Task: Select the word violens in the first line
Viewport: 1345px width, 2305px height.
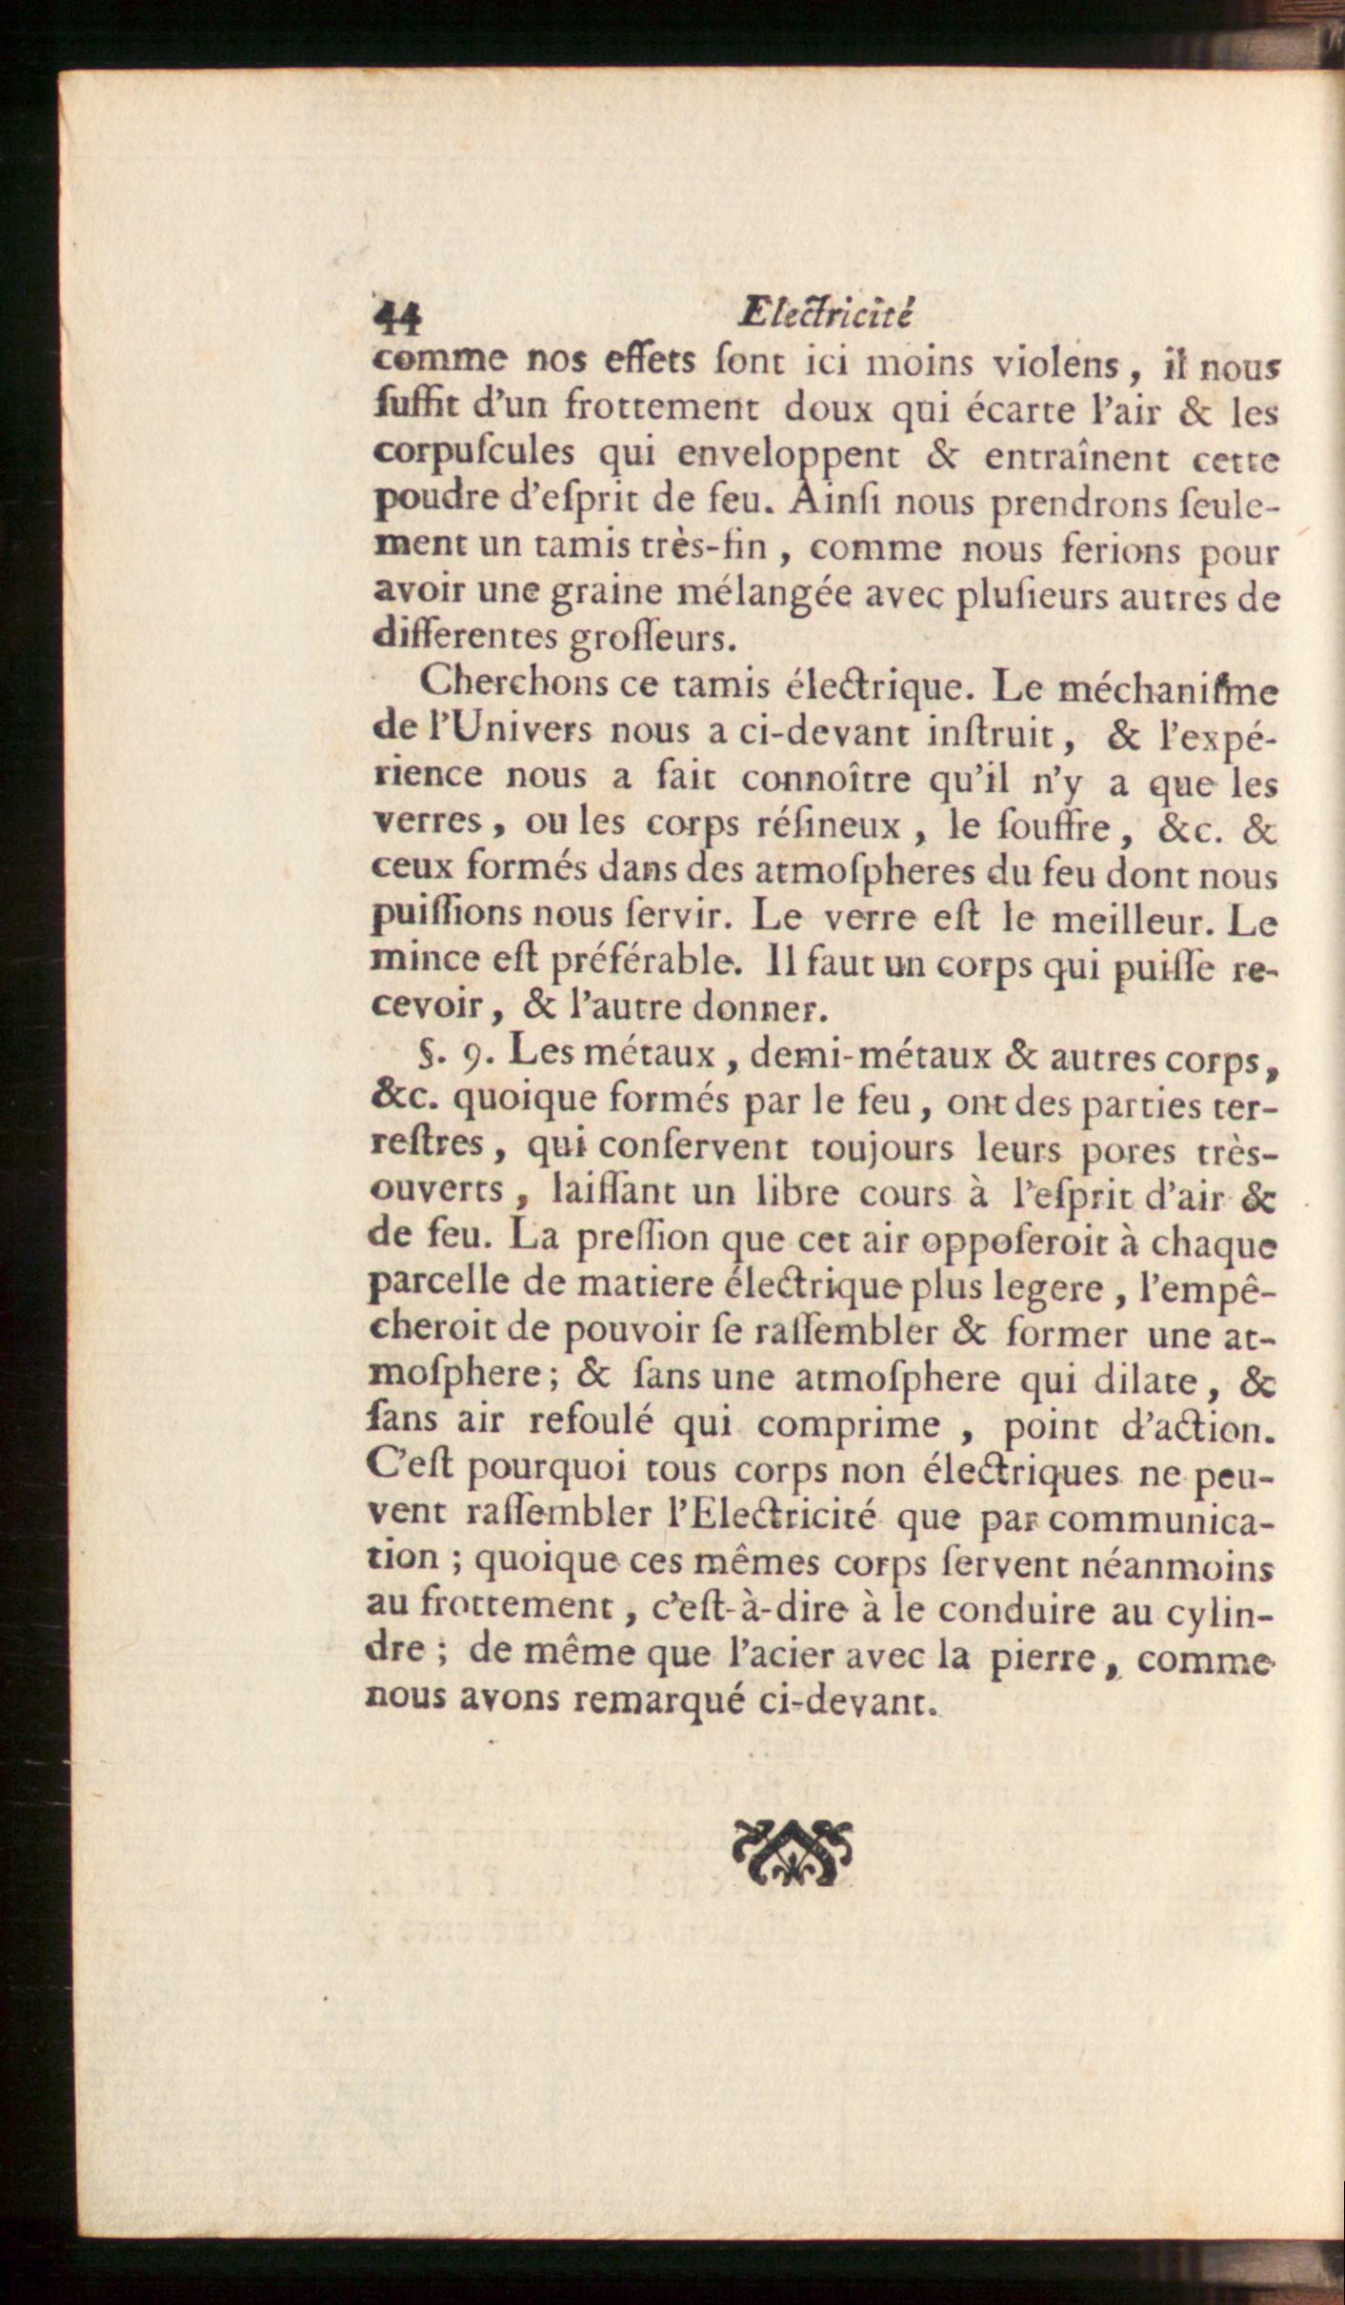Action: coord(1055,365)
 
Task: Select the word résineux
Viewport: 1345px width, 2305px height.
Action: coord(825,825)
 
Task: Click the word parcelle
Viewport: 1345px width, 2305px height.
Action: coord(439,1287)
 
